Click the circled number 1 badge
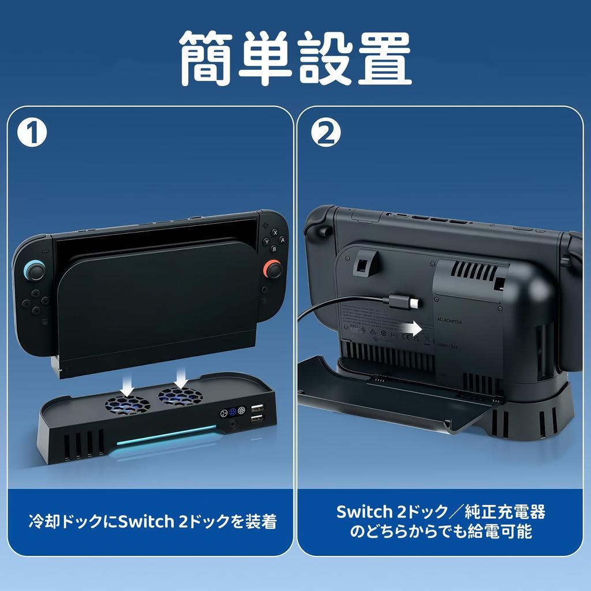tap(32, 133)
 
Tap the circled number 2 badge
tap(326, 133)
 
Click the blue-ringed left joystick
tap(33, 270)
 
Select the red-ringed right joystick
tap(272, 269)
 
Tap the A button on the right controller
tap(281, 239)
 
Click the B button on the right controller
tap(274, 249)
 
